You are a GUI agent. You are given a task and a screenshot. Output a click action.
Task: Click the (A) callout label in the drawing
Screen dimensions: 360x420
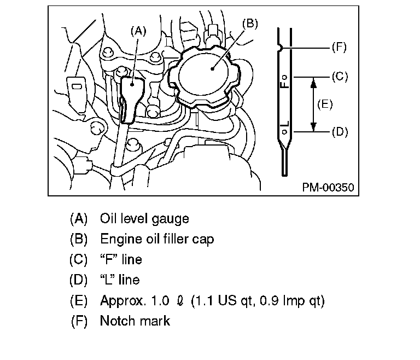pyautogui.click(x=138, y=31)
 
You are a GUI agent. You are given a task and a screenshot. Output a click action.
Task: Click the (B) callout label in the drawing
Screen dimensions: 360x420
pyautogui.click(x=249, y=23)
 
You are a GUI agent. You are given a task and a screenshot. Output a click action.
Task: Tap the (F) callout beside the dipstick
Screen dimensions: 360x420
pyautogui.click(x=339, y=48)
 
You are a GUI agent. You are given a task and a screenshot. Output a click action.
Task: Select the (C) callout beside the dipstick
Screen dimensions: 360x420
pyautogui.click(x=339, y=77)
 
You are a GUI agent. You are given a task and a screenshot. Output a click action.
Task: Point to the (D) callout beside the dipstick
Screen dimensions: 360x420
pyautogui.click(x=339, y=132)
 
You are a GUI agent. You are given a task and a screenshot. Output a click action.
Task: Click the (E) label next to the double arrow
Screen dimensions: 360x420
pyautogui.click(x=325, y=104)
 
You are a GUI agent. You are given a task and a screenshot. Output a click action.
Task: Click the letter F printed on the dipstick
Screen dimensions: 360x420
pyautogui.click(x=284, y=84)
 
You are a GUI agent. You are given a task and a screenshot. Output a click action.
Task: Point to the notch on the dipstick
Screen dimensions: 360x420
pyautogui.click(x=280, y=48)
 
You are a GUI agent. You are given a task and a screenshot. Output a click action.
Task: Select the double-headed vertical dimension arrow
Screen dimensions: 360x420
pyautogui.click(x=313, y=104)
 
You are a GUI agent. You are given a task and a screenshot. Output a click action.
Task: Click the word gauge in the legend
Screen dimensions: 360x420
pyautogui.click(x=171, y=219)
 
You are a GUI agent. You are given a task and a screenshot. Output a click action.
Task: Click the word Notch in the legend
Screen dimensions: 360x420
pyautogui.click(x=117, y=321)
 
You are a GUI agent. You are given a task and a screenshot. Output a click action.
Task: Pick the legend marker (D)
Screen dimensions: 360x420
pyautogui.click(x=78, y=280)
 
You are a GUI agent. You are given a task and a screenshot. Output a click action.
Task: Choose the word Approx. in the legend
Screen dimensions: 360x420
pyautogui.click(x=122, y=300)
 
